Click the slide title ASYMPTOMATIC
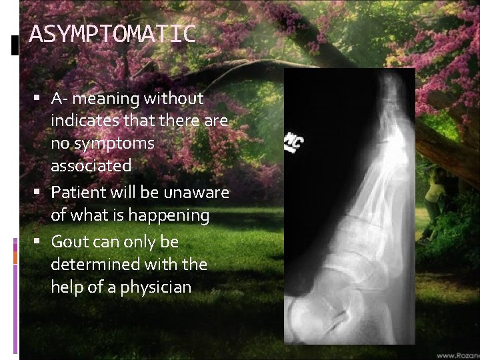[x=113, y=33]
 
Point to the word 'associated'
[x=91, y=164]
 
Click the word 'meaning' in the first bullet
[x=107, y=99]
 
